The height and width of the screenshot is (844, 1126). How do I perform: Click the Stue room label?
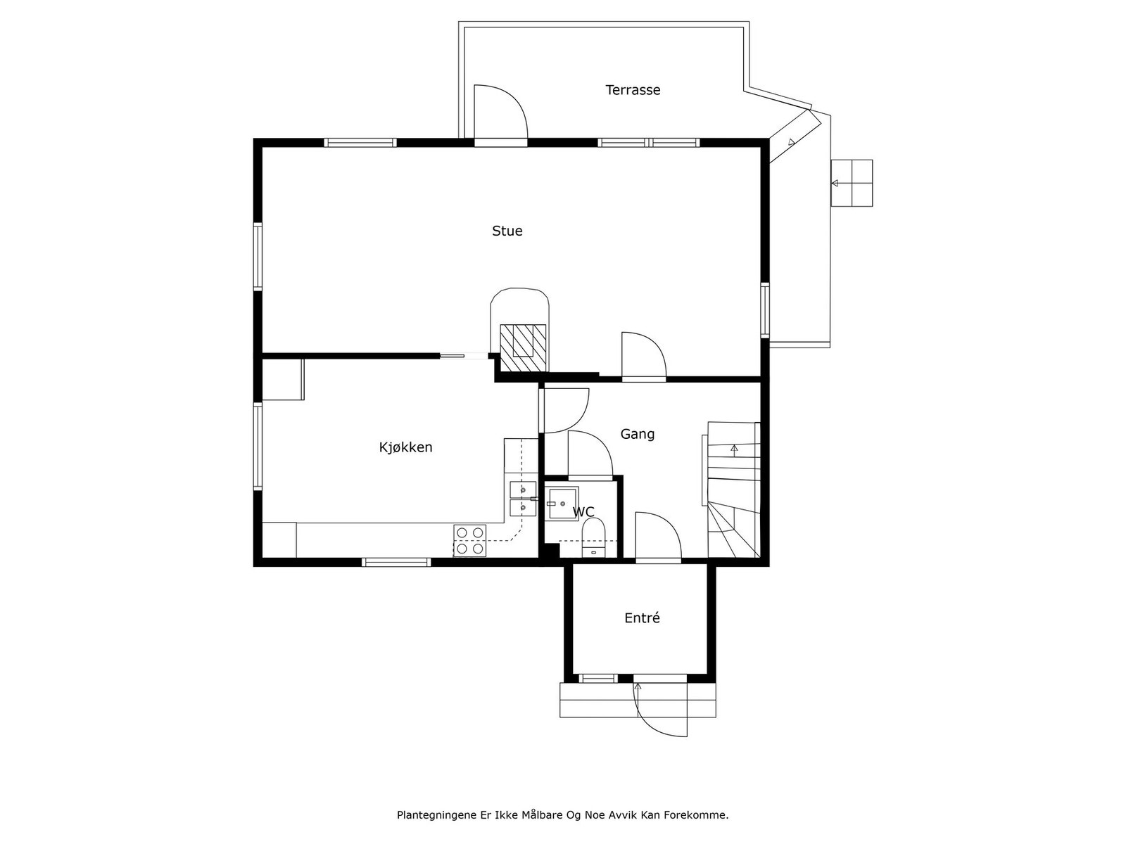tap(507, 231)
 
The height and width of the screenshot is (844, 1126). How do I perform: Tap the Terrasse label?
tap(633, 90)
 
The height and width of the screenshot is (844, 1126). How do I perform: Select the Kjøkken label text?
tap(405, 447)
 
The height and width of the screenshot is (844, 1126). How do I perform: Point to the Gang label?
tap(637, 434)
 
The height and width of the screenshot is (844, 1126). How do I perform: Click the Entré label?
tap(642, 618)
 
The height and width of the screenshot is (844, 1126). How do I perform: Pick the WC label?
tap(584, 512)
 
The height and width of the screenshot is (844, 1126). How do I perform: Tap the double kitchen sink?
tap(522, 498)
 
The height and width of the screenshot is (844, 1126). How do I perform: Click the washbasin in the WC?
tap(562, 504)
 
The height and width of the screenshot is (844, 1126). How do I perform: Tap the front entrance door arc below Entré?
tap(662, 710)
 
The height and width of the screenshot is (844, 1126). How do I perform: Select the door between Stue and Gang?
tap(643, 356)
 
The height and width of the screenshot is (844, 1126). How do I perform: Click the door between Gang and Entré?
tap(657, 537)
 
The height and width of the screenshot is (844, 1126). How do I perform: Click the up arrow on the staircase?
tap(734, 448)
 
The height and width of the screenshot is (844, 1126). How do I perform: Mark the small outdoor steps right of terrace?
tap(852, 183)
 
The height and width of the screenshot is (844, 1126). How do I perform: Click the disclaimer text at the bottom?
tap(562, 815)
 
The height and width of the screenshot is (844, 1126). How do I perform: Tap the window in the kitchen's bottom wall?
tap(396, 562)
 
